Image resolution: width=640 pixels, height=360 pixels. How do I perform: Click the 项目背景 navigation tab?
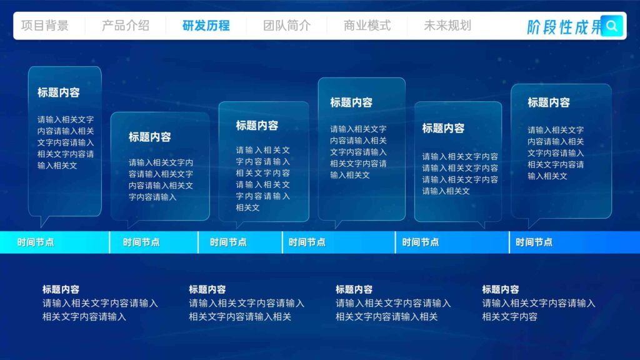click(45, 26)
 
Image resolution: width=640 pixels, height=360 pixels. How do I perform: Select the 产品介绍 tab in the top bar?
click(126, 26)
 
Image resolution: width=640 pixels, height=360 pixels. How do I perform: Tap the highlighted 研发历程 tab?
click(206, 26)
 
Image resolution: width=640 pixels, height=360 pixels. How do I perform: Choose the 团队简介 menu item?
click(287, 26)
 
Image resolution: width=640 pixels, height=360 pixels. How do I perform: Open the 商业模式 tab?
click(367, 26)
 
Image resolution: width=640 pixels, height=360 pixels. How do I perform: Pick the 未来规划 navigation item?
click(447, 26)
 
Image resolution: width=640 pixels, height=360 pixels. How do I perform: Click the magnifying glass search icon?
click(612, 26)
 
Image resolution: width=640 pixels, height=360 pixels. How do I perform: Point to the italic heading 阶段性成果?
click(563, 27)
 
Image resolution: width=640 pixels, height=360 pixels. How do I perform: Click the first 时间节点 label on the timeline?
click(36, 242)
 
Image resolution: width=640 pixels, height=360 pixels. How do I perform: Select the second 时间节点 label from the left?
click(141, 242)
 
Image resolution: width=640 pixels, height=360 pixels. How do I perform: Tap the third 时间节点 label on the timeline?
click(228, 242)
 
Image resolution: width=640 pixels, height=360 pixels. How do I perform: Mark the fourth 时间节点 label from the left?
click(307, 242)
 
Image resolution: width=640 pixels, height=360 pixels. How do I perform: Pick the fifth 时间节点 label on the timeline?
click(421, 242)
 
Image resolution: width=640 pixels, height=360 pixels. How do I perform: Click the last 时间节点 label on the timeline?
click(534, 242)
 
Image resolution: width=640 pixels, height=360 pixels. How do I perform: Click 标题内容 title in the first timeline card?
click(59, 92)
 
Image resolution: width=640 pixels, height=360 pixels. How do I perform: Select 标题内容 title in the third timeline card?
click(257, 125)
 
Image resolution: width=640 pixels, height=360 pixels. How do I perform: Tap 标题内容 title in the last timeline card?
click(549, 102)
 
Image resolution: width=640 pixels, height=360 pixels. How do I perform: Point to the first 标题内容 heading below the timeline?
click(61, 289)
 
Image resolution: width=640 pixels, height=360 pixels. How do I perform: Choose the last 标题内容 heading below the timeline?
click(501, 289)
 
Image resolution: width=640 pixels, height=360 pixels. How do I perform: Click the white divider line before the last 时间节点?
click(509, 242)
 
